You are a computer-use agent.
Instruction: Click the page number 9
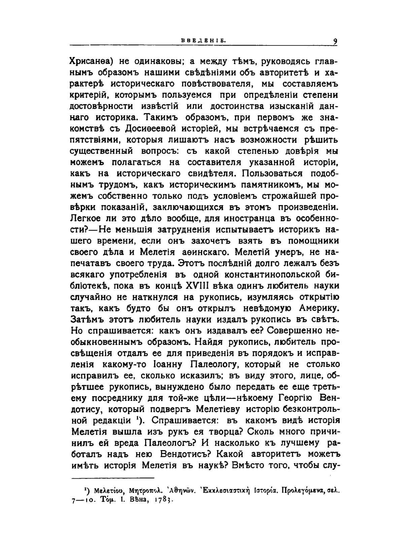coord(335,41)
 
